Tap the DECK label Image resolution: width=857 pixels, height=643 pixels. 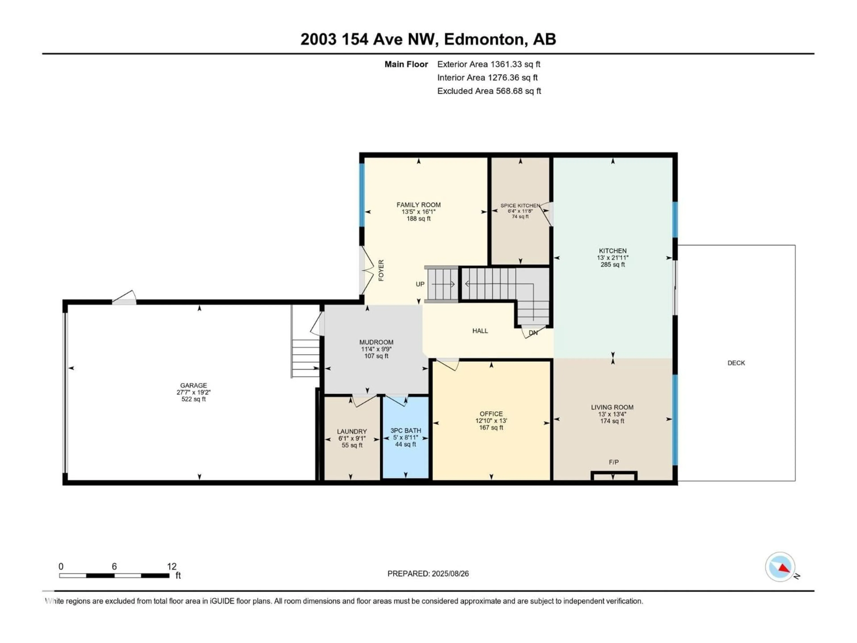pyautogui.click(x=736, y=363)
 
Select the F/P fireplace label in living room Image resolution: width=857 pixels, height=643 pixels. pyautogui.click(x=613, y=462)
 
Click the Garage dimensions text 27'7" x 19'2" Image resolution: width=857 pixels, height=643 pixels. pyautogui.click(x=193, y=392)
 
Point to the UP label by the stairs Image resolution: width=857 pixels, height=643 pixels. pyautogui.click(x=420, y=284)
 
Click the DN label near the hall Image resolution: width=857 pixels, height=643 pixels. pyautogui.click(x=533, y=332)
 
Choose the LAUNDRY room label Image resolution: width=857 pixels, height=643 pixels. pyautogui.click(x=352, y=431)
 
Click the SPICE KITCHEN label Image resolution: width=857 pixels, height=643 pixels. pyautogui.click(x=520, y=205)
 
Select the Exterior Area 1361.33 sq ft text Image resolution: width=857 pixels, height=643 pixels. pyautogui.click(x=489, y=64)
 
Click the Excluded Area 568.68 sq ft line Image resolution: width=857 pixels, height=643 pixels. pyautogui.click(x=489, y=91)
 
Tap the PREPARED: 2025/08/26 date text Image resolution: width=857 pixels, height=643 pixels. pyautogui.click(x=428, y=574)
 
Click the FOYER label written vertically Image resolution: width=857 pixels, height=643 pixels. pyautogui.click(x=381, y=270)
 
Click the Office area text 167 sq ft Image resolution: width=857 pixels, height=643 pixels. pyautogui.click(x=491, y=428)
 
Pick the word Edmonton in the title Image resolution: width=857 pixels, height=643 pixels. pyautogui.click(x=484, y=40)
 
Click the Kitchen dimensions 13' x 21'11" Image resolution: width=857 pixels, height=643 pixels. pyautogui.click(x=613, y=258)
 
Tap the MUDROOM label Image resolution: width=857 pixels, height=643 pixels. pyautogui.click(x=376, y=342)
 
